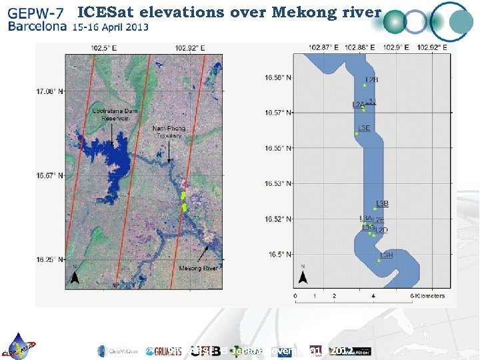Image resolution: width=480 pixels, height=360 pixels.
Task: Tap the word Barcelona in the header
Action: [37, 27]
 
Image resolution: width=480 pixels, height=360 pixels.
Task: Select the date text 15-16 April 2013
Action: [111, 27]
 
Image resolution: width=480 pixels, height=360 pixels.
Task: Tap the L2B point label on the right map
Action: [371, 80]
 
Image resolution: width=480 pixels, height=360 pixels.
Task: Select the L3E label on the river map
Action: [364, 127]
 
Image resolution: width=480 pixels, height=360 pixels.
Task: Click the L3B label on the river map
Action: [382, 203]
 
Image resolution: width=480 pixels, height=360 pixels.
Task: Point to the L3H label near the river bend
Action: [387, 255]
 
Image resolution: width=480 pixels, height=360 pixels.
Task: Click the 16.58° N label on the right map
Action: [278, 78]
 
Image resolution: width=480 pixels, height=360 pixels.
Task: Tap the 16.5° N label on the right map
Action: [280, 254]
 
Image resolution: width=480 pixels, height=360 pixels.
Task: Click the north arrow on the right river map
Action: [303, 275]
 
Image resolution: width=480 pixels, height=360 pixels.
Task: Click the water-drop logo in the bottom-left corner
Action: [20, 346]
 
